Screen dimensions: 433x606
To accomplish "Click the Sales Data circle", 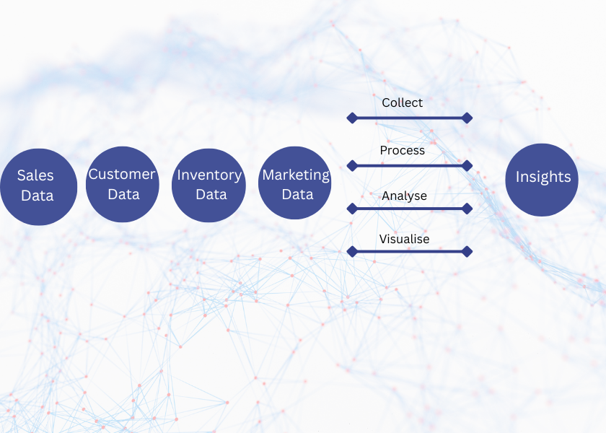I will click(38, 186).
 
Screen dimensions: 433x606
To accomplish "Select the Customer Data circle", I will click(122, 185).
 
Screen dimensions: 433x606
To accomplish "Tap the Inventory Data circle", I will click(208, 185).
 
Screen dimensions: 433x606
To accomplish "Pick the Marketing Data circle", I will click(294, 183).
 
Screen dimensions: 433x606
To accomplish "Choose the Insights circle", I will click(542, 180).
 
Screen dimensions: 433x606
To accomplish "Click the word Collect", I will click(403, 103).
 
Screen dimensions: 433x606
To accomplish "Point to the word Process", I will click(403, 150).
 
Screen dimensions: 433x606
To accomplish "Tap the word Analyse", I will click(404, 196).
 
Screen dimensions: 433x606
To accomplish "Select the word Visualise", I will click(405, 239).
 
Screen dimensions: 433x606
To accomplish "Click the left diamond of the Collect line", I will click(352, 118).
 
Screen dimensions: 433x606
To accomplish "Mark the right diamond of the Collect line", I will click(467, 118).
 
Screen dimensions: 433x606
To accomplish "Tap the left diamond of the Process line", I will click(352, 165).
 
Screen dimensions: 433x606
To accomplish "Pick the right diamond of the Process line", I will click(467, 165).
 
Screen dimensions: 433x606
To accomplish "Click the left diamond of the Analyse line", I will click(352, 209).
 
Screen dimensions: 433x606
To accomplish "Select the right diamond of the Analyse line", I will click(467, 209).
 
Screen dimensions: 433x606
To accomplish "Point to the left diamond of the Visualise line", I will click(352, 252).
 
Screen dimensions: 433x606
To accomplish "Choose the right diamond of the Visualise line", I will click(467, 252).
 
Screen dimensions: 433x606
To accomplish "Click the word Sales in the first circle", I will click(35, 175).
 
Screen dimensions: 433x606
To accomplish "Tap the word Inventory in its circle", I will click(209, 175).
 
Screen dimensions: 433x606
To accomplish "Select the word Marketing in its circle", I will click(296, 175).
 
